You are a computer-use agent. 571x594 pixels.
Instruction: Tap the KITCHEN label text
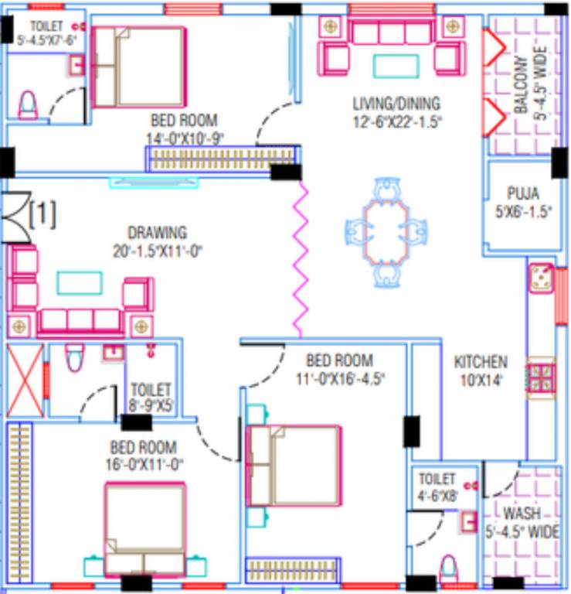coord(481,362)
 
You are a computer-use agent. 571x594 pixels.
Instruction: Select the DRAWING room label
coord(157,232)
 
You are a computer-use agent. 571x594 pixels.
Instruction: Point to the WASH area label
coord(522,514)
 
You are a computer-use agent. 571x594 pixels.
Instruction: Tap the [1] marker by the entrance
coord(42,214)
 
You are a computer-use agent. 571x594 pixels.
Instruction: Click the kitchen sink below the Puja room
coord(542,278)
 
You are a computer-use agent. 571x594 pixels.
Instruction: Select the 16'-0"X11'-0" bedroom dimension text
coord(143,465)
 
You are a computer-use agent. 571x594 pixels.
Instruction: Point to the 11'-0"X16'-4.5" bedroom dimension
coord(339,378)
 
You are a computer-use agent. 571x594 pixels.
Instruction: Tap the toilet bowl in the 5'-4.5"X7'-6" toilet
coord(27,104)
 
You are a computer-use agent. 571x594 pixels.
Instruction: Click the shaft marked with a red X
coord(25,380)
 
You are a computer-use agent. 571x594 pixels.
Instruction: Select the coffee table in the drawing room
coord(80,283)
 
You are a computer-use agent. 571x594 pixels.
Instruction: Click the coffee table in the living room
coord(396,65)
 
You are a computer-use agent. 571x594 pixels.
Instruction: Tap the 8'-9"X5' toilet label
coord(151,397)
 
